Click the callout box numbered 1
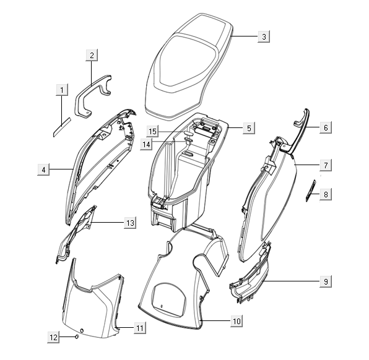[62, 90]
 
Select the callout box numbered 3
[264, 36]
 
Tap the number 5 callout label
[249, 128]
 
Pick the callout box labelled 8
[326, 194]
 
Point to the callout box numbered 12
[53, 337]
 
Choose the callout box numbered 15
[152, 131]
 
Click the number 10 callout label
[237, 321]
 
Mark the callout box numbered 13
[130, 223]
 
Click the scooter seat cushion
[188, 66]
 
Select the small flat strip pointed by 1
[62, 127]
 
